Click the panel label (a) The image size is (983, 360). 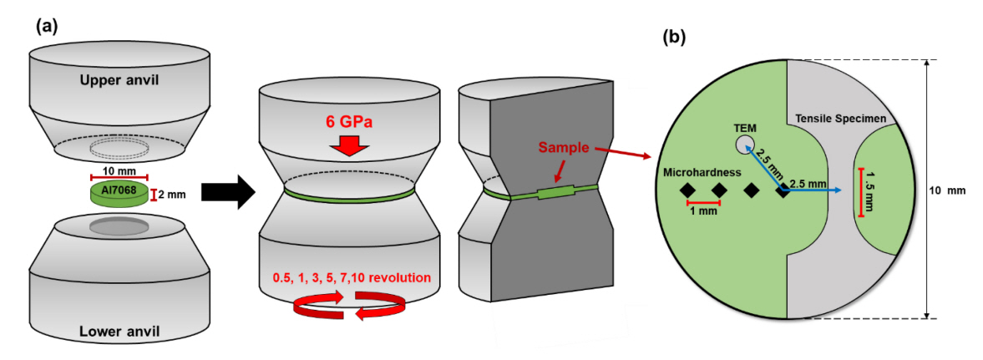46,26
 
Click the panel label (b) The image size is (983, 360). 674,37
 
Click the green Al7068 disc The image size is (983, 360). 118,195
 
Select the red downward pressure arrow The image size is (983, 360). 350,150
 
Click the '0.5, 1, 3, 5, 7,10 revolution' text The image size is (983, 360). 349,276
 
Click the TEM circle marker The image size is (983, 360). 745,145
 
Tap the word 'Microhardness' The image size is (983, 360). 702,172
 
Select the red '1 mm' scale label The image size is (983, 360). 702,211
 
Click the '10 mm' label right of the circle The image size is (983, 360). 950,190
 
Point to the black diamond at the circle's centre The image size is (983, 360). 783,190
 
